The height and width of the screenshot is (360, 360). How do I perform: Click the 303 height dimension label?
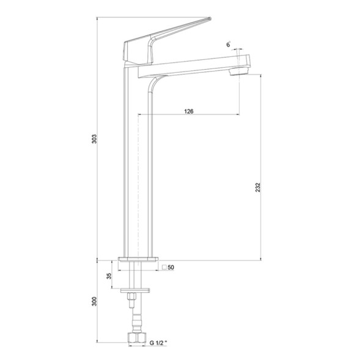[94, 139]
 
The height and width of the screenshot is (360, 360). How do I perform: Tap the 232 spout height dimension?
[258, 188]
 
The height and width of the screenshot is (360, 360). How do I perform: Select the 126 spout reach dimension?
[189, 111]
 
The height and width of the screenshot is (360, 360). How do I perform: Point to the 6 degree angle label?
[228, 45]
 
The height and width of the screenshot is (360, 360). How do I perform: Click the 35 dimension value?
[109, 276]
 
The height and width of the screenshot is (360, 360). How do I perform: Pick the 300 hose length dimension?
[94, 301]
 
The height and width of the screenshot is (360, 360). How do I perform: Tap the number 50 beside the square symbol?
[171, 267]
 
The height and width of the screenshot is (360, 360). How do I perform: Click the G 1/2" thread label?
[158, 343]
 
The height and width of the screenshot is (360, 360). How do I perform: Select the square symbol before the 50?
[164, 267]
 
